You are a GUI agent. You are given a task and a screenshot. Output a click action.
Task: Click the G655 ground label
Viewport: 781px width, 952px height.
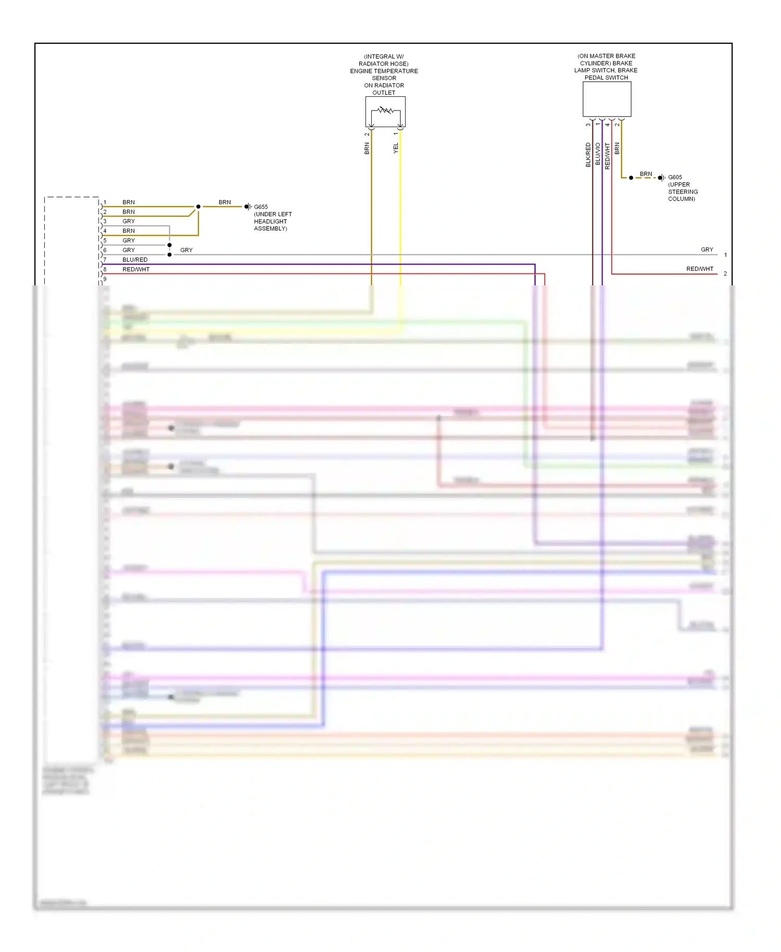coord(261,207)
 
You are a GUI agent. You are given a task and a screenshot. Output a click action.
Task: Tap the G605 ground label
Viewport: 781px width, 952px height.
coord(675,178)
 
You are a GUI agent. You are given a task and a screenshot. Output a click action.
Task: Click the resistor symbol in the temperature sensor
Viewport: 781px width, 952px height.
coord(385,110)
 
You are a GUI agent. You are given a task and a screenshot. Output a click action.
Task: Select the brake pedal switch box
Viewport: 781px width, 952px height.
coord(607,99)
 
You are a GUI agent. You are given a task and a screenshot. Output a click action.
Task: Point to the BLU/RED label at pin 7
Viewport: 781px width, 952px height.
coord(135,260)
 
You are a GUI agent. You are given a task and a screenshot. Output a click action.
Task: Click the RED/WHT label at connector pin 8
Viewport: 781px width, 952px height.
coord(136,269)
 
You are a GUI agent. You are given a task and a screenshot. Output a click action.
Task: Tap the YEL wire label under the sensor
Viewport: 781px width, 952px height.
coord(396,148)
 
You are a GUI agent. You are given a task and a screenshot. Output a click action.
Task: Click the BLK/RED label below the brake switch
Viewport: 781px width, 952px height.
coord(588,155)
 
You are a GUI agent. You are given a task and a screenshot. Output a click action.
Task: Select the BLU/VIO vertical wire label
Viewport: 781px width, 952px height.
coord(598,155)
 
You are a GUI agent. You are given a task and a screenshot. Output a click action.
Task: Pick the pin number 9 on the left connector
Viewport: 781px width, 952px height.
coord(105,279)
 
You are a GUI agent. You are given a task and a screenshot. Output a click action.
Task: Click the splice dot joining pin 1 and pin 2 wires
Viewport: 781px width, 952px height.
coord(198,207)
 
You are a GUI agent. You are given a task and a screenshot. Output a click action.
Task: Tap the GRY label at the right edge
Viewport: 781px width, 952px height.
coord(707,250)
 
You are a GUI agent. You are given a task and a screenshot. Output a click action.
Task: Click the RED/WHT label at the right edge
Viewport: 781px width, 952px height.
coord(699,269)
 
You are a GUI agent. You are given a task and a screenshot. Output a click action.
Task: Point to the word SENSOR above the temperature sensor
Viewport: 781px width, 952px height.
coord(384,78)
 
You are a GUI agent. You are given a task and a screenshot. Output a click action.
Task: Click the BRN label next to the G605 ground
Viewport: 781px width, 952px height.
coord(646,174)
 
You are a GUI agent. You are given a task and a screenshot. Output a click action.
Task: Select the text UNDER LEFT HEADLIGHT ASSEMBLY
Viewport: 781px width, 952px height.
coord(272,221)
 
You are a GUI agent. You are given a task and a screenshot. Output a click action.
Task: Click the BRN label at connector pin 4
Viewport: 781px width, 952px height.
coord(129,231)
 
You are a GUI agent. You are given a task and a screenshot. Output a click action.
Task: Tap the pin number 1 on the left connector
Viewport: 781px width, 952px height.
coord(105,202)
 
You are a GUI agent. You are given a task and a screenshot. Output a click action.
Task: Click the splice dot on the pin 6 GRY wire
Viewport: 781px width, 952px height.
coord(170,255)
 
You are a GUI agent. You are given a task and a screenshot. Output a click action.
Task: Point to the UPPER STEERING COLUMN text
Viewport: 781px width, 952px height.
coord(683,192)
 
